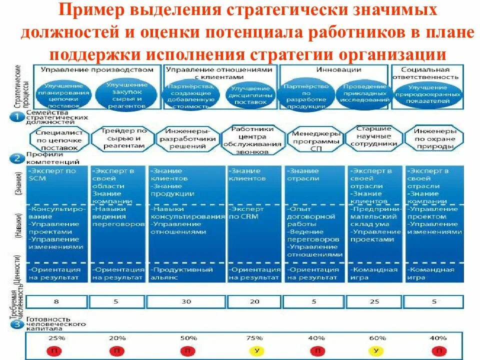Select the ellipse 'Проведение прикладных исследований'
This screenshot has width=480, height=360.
point(365,93)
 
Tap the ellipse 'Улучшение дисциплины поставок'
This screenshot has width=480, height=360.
point(250,96)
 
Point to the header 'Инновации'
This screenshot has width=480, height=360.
point(332,69)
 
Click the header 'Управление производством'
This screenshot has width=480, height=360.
point(96,69)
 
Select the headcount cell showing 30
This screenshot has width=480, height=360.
point(186,301)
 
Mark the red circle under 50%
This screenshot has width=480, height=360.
point(187,351)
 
